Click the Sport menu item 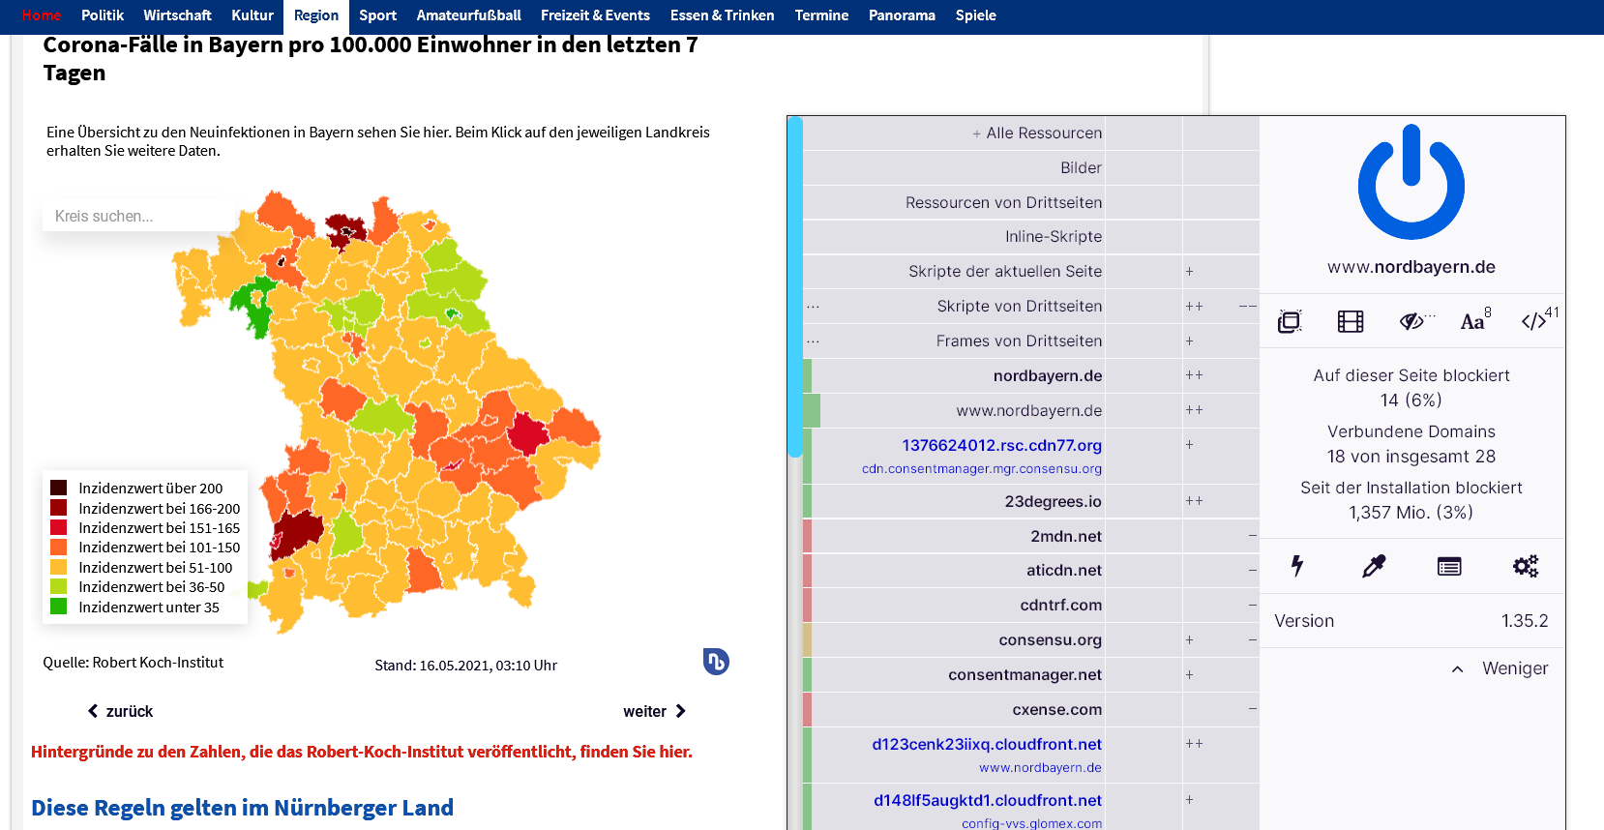tap(377, 15)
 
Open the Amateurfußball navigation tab tap(468, 15)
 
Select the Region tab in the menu tap(316, 15)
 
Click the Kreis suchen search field tap(135, 216)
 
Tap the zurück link tap(121, 711)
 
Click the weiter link tap(654, 711)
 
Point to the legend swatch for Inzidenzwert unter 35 tap(59, 607)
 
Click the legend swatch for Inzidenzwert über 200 tap(59, 488)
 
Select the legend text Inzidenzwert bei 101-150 tap(159, 548)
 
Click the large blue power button tap(1411, 183)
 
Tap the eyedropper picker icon tap(1374, 566)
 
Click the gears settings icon tap(1525, 566)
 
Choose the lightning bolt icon tap(1297, 566)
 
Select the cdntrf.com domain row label tap(1060, 605)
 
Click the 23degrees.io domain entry tap(1053, 501)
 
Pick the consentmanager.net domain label tap(1025, 674)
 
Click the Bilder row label tap(1081, 167)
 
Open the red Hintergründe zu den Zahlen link tap(362, 752)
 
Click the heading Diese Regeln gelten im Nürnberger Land tap(242, 808)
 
